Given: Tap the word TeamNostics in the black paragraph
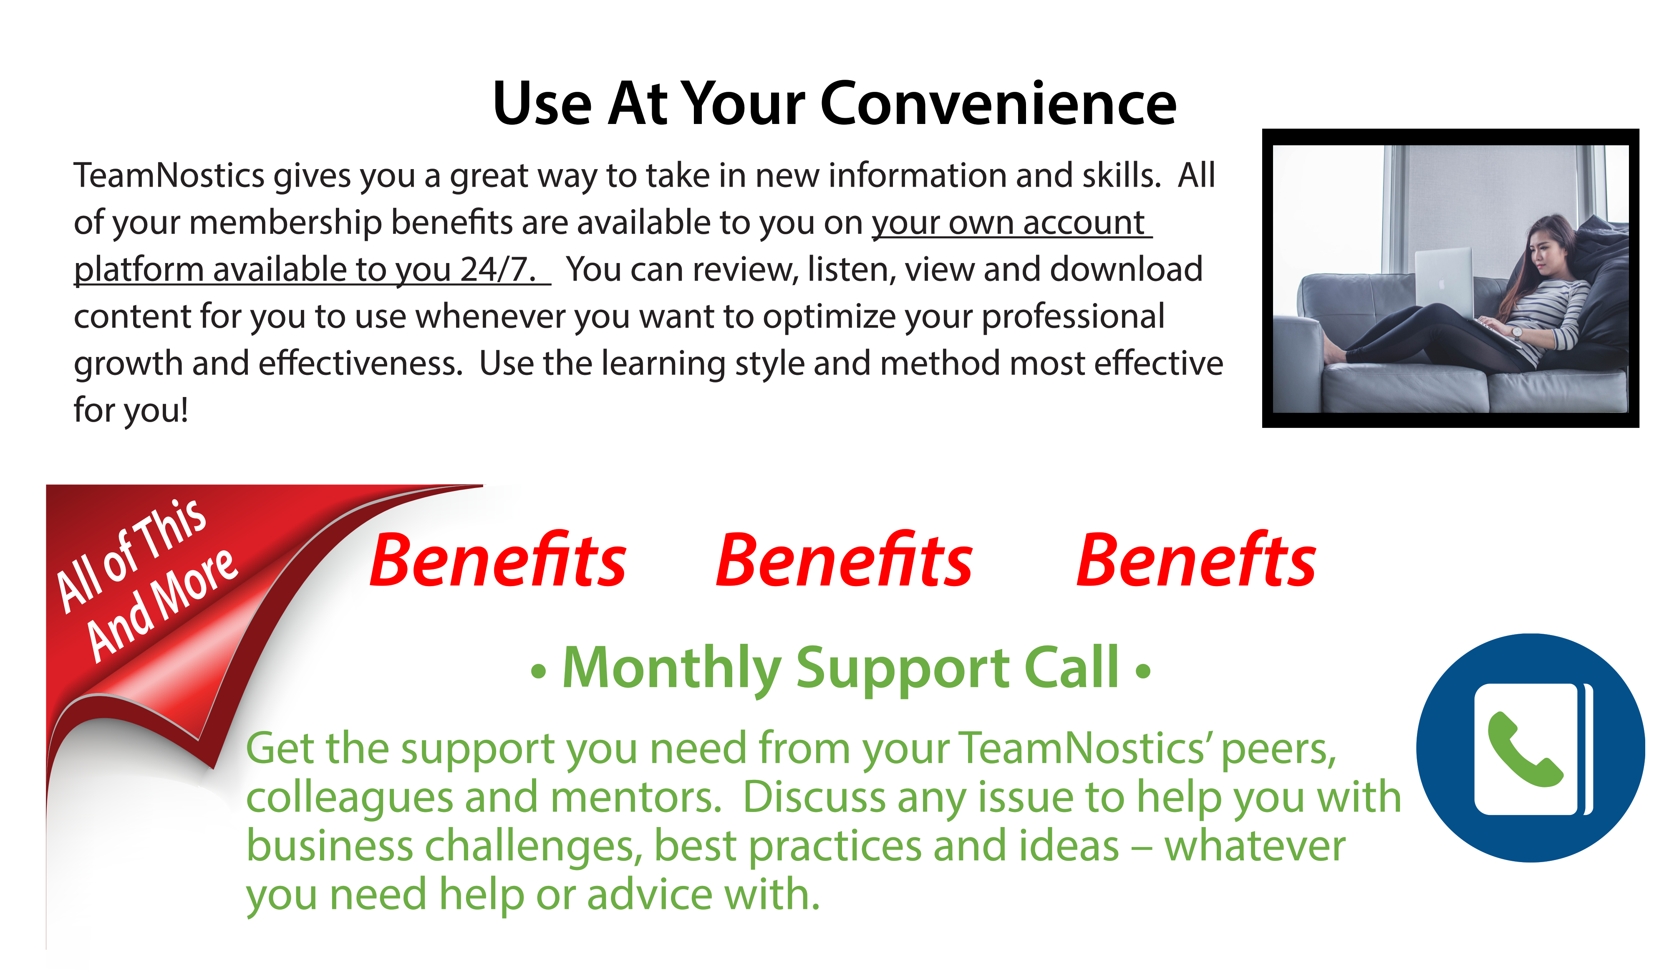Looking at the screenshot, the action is coord(169,176).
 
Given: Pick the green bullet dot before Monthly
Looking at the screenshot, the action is coord(538,672).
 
